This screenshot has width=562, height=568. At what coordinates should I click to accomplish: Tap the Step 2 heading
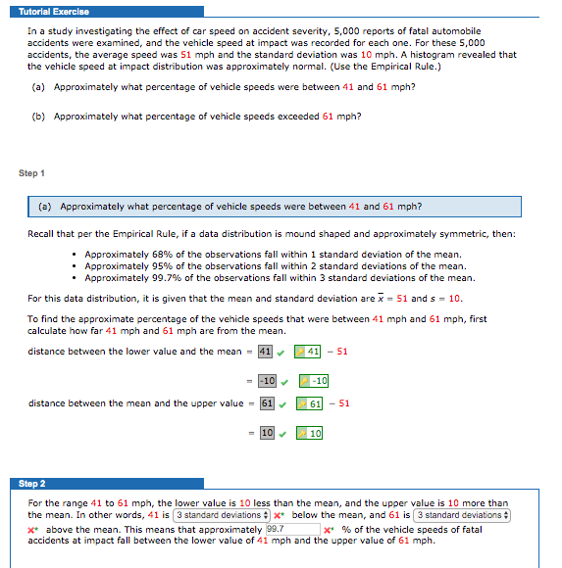point(32,484)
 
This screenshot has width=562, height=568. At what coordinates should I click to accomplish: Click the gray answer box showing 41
point(264,352)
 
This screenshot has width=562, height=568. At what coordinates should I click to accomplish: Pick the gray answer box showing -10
point(264,381)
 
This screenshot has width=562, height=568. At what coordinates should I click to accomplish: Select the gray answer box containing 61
point(266,402)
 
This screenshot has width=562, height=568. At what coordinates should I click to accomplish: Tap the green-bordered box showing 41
point(309,352)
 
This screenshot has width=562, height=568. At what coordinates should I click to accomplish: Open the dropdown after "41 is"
point(222,515)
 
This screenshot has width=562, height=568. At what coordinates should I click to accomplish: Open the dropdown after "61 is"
point(462,515)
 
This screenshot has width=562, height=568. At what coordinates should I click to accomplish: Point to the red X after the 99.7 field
point(329,530)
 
